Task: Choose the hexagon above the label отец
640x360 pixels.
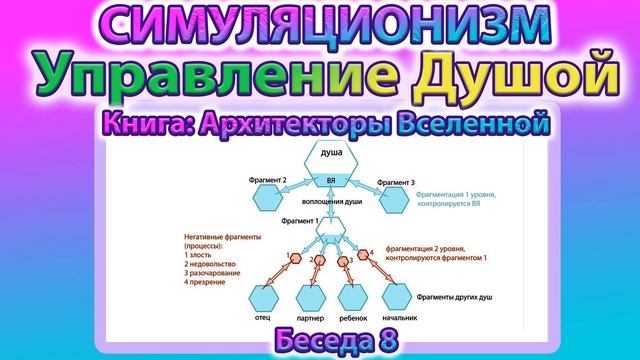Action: point(264,297)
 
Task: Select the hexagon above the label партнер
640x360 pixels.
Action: point(311,297)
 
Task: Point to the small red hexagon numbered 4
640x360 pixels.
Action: point(367,253)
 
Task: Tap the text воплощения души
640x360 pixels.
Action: point(332,202)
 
